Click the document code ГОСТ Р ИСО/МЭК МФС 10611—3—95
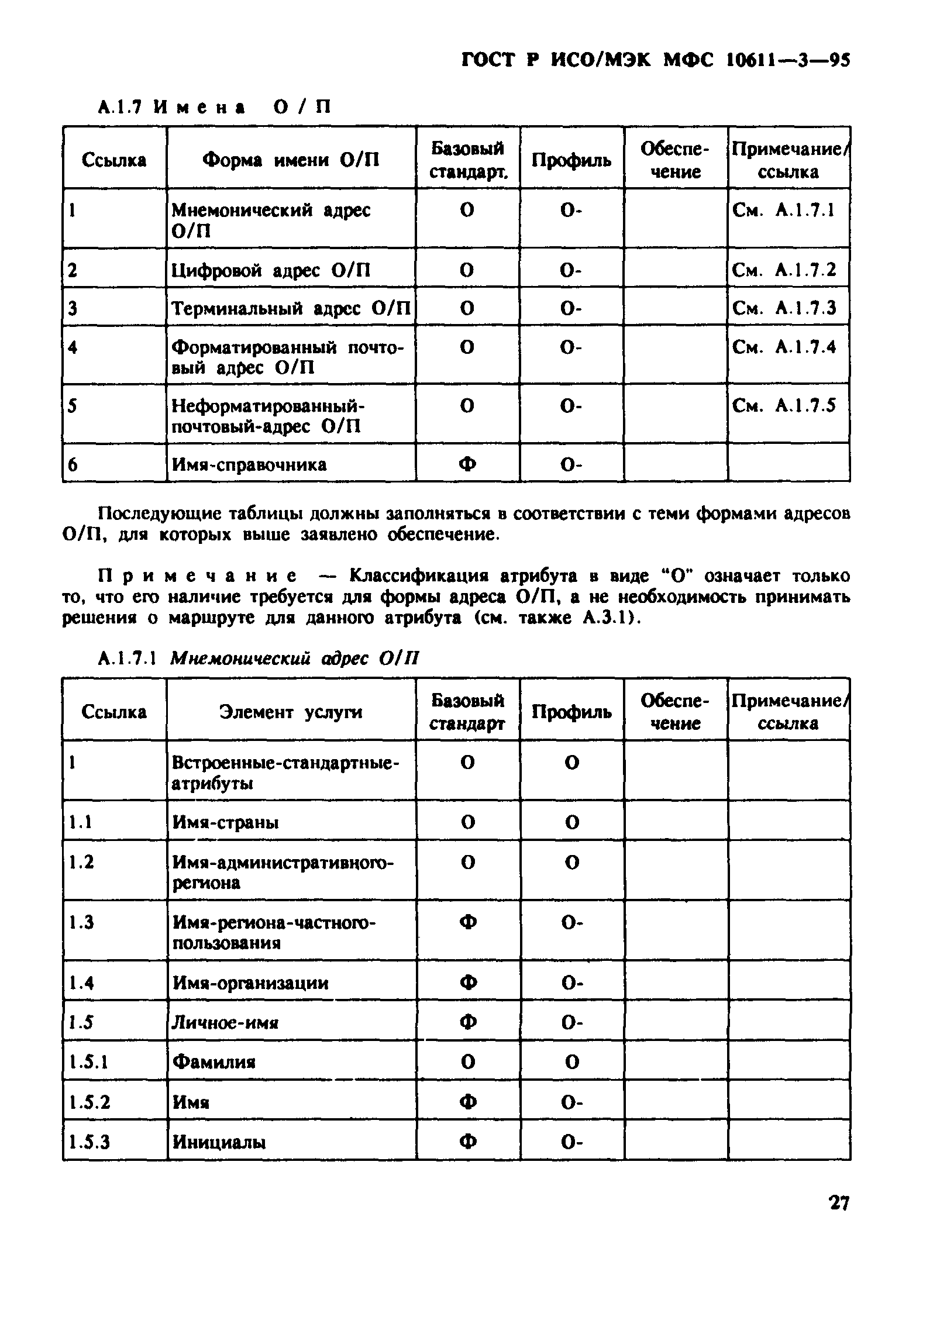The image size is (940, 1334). tap(655, 60)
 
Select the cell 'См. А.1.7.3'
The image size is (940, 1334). tap(784, 308)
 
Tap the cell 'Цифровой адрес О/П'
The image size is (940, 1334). tap(271, 270)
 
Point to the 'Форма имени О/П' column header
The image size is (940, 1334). tap(291, 160)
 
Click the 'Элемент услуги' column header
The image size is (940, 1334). tap(291, 712)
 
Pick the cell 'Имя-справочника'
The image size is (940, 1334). tap(249, 465)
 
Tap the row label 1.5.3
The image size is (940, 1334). tap(89, 1142)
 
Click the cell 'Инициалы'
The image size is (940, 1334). tap(219, 1142)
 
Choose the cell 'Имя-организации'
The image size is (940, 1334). tap(250, 983)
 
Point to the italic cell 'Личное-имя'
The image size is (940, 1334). tap(225, 1022)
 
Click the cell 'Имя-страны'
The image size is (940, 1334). tap(225, 822)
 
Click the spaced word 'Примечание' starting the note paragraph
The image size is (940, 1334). tap(197, 576)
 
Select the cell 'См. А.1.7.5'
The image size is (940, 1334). tap(784, 405)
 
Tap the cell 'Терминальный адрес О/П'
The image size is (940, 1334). tap(291, 308)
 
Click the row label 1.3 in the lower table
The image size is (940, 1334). tap(81, 922)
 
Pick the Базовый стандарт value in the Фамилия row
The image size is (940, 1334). tap(467, 1062)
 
